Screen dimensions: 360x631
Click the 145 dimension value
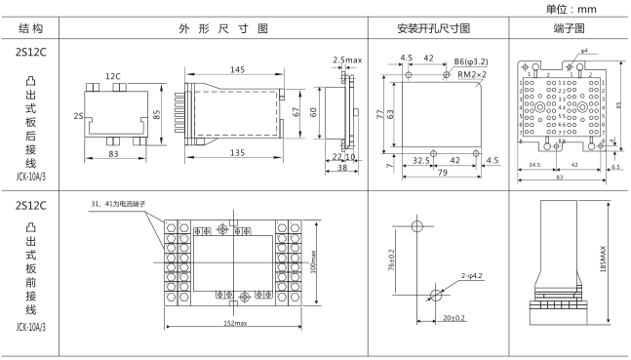tap(238, 69)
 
